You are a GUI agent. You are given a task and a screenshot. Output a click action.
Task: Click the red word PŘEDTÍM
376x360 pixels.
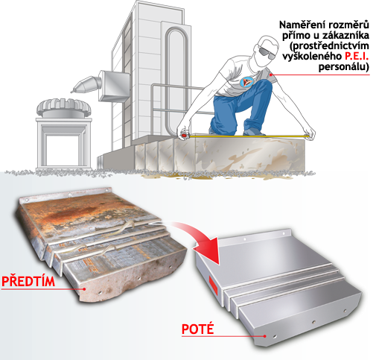28,281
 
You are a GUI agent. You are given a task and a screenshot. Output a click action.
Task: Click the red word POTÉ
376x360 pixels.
197,329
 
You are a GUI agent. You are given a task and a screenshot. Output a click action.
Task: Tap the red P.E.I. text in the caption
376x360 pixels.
357,57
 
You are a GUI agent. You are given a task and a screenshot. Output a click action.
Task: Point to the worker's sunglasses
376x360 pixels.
266,53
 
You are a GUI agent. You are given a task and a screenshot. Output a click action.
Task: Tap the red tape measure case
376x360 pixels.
185,136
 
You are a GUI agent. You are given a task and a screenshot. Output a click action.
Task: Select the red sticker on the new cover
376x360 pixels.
213,285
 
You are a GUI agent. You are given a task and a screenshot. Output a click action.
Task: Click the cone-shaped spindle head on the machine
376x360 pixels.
86,84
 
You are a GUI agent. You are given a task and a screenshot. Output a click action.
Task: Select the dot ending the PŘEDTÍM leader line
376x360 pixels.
85,288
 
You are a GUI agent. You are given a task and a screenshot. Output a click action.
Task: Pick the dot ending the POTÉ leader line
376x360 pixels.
265,336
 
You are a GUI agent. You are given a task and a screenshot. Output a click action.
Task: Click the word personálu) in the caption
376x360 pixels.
344,67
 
